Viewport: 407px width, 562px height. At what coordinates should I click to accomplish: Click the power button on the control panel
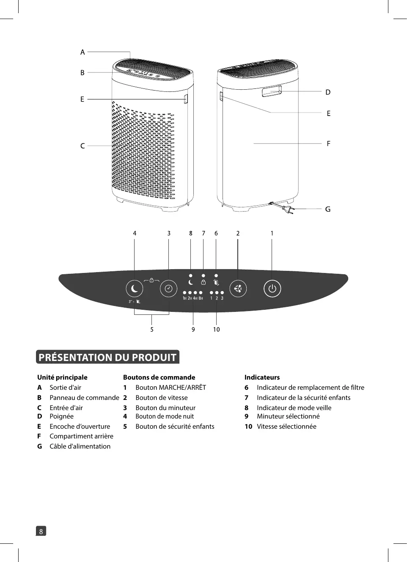pyautogui.click(x=272, y=289)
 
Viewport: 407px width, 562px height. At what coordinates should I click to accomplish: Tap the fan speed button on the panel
pyautogui.click(x=238, y=289)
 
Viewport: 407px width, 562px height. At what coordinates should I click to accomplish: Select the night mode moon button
pyautogui.click(x=135, y=289)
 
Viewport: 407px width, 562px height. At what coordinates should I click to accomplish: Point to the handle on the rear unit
pyautogui.click(x=272, y=91)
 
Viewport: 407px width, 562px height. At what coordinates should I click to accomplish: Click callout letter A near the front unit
pyautogui.click(x=82, y=52)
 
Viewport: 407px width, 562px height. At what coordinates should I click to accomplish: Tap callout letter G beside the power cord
pyautogui.click(x=328, y=209)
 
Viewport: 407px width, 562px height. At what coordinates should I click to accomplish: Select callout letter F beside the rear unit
pyautogui.click(x=328, y=143)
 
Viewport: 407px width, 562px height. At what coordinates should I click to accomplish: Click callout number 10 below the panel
pyautogui.click(x=216, y=329)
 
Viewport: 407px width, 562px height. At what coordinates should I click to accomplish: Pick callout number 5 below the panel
pyautogui.click(x=152, y=329)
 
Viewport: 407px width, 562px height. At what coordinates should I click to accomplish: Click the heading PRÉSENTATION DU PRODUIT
pyautogui.click(x=107, y=357)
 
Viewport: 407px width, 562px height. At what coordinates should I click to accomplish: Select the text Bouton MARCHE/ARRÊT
pyautogui.click(x=170, y=387)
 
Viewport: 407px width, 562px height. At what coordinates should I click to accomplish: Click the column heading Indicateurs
pyautogui.click(x=262, y=377)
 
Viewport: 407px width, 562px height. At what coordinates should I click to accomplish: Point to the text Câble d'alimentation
pyautogui.click(x=80, y=446)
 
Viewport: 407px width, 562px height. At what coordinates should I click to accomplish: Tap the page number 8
pyautogui.click(x=41, y=531)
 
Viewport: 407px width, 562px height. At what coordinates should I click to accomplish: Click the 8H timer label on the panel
pyautogui.click(x=201, y=298)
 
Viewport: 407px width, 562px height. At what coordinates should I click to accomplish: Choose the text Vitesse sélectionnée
pyautogui.click(x=286, y=426)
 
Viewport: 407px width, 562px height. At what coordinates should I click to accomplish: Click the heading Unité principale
pyautogui.click(x=62, y=377)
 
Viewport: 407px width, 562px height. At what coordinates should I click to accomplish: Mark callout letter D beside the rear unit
pyautogui.click(x=328, y=92)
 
